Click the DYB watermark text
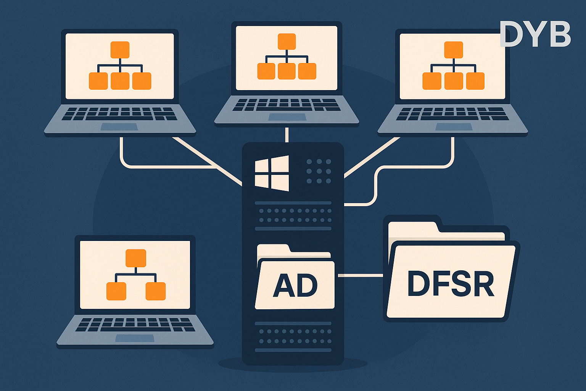click(x=535, y=34)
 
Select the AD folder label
click(x=295, y=285)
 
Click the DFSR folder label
click(x=451, y=284)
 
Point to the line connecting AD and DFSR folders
click(x=360, y=275)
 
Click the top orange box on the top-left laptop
click(x=120, y=50)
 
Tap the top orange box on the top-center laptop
click(x=287, y=41)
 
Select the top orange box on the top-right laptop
click(x=454, y=50)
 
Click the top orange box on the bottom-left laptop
click(x=136, y=258)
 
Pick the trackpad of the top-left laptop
click(x=119, y=127)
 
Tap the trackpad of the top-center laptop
click(x=287, y=117)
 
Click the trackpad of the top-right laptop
click(x=454, y=127)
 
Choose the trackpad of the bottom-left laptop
click(x=135, y=338)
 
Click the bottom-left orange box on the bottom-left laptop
click(x=116, y=291)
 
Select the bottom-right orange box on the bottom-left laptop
click(x=156, y=291)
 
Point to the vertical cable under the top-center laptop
click(x=287, y=134)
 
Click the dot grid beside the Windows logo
click(x=319, y=171)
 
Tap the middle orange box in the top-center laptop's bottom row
click(x=287, y=71)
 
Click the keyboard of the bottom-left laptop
click(x=135, y=325)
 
